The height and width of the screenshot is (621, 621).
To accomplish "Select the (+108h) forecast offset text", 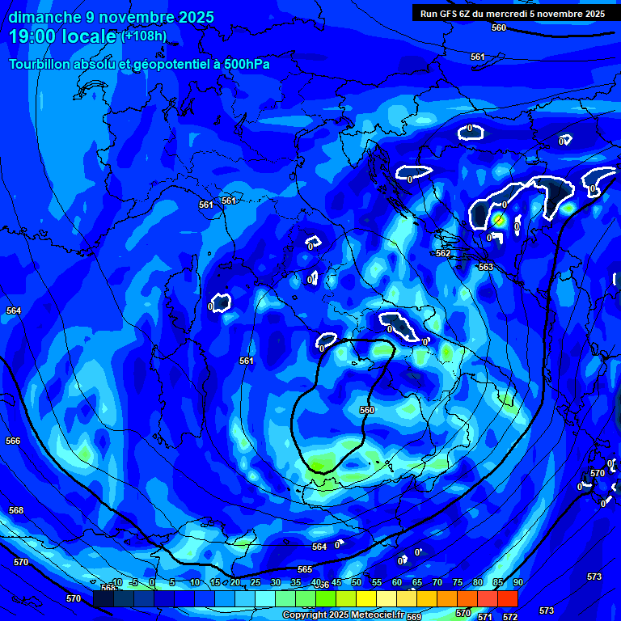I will (144, 36).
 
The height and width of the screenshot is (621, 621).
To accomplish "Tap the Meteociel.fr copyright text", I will (368, 615).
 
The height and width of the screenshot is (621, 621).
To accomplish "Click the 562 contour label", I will (443, 253).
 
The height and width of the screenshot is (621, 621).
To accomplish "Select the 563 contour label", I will (485, 267).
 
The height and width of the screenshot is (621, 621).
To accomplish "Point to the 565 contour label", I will (305, 569).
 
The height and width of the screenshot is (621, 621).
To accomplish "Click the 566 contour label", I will (13, 441).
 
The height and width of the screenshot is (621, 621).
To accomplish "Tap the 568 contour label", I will (16, 510).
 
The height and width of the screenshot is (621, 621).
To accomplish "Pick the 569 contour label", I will (414, 617).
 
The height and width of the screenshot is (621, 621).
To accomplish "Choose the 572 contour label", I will (510, 617).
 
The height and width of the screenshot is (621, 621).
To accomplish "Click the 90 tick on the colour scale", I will (517, 582).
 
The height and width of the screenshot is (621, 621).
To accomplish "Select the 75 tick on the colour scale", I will (457, 582).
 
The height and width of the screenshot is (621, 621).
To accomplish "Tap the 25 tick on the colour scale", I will (255, 582).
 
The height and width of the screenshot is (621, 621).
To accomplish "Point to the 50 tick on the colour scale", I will (356, 582).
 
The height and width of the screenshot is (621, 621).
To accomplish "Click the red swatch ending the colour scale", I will (508, 598).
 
